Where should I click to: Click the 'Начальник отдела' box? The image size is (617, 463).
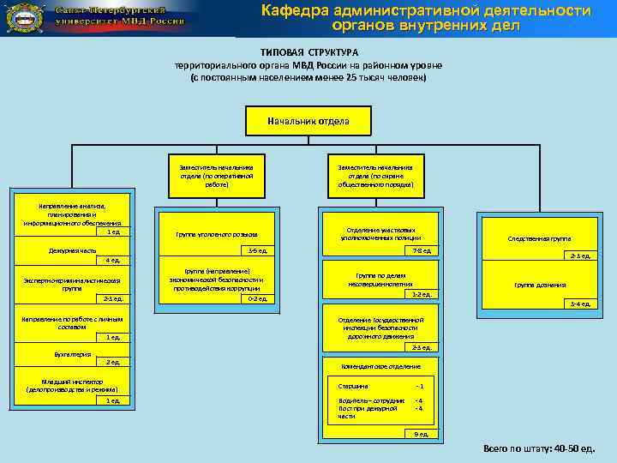click(308, 121)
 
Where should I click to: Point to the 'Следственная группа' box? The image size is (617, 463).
click(539, 239)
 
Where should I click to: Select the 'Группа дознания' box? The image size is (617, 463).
click(539, 285)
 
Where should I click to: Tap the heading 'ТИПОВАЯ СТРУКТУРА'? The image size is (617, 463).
click(308, 52)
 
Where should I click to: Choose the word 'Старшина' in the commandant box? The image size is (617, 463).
click(353, 386)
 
